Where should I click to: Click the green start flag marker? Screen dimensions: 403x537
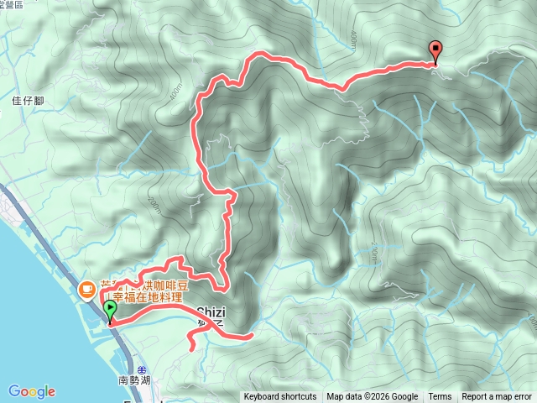tap(110, 311)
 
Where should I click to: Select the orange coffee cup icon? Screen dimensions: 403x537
tap(86, 290)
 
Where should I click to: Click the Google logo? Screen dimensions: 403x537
tap(32, 391)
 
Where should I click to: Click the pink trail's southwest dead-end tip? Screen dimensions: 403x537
tap(190, 347)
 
